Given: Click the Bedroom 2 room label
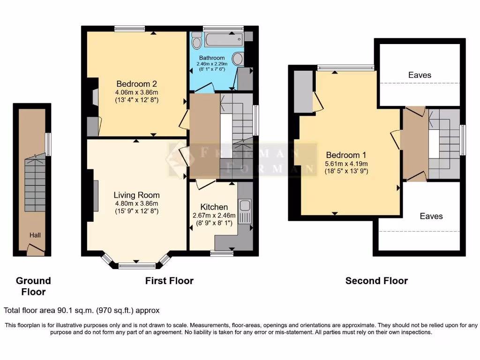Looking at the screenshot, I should coord(136,84).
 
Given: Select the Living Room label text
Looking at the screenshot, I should coord(136,195).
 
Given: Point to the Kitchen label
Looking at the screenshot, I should coord(214,207).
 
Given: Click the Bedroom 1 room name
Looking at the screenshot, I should coord(346,155).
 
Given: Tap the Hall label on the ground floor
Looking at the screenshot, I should coord(36,235).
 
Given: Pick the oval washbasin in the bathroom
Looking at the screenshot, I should coord(239,59).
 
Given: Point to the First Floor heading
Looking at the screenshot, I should coord(170,281).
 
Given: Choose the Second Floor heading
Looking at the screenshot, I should coord(376,281).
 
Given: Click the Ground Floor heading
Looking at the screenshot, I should coord(33,286).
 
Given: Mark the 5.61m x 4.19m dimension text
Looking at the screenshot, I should coord(346,164).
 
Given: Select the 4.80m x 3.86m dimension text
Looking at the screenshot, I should coord(136,203).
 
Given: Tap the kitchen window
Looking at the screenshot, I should coord(221,254).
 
